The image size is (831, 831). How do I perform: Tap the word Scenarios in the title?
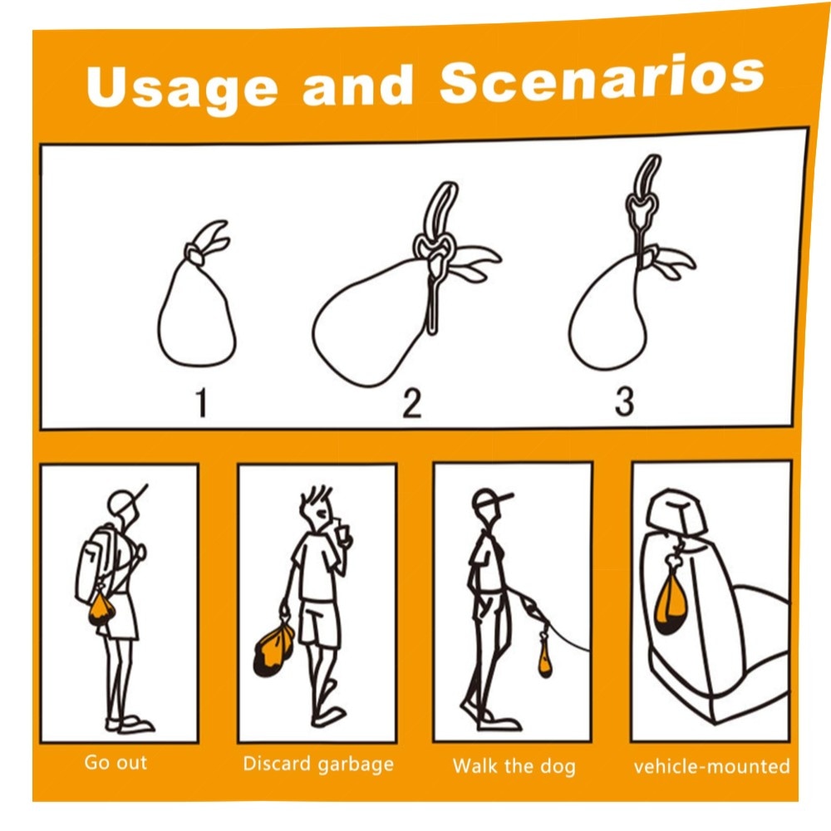602,80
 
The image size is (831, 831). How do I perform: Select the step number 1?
201,403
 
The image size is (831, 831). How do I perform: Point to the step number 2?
412,403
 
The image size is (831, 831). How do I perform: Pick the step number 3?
624,401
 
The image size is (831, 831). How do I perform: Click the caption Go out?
116,762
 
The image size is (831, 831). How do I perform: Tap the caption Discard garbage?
318,765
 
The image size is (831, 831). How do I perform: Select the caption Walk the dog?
514,766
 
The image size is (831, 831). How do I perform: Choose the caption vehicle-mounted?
712,766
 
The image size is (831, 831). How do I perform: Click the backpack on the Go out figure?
98,563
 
